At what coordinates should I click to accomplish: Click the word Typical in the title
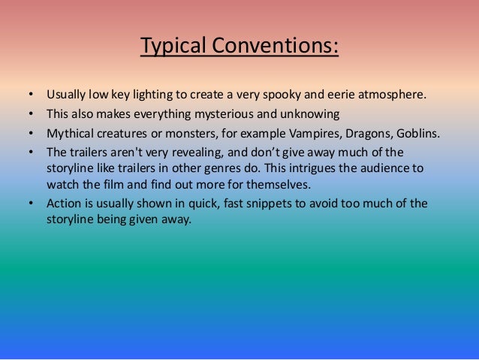pyautogui.click(x=172, y=47)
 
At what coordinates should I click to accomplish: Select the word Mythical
pyautogui.click(x=68, y=135)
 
